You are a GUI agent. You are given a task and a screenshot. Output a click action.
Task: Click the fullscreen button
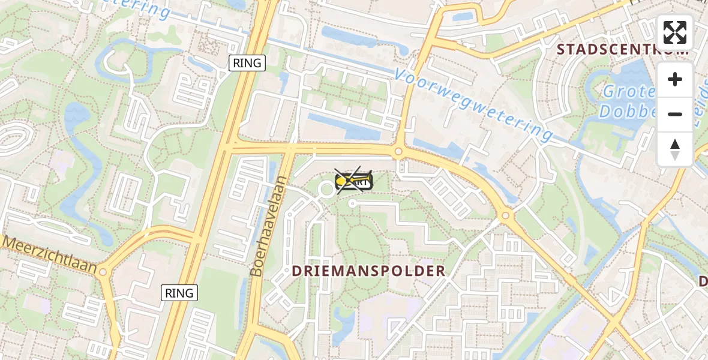(675, 32)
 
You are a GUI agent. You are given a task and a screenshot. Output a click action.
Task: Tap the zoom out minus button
(675, 114)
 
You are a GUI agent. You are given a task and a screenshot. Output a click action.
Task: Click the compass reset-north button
(675, 149)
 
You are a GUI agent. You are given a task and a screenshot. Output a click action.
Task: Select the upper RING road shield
(247, 63)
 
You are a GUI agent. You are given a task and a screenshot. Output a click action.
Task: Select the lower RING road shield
(179, 293)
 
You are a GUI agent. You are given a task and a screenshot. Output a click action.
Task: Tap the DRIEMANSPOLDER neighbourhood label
(369, 271)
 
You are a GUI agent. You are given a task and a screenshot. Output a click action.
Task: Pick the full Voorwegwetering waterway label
(474, 103)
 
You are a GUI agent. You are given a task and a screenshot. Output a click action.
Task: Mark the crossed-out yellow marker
(354, 181)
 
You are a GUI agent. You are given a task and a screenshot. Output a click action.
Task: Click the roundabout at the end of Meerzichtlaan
(103, 272)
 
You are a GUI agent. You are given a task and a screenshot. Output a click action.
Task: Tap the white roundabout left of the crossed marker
(327, 190)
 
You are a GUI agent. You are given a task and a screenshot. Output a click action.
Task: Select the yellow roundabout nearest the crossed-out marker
(398, 152)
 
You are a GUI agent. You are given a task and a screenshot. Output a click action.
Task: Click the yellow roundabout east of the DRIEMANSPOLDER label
(506, 215)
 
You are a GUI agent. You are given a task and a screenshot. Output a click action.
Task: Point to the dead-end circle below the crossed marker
(352, 203)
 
